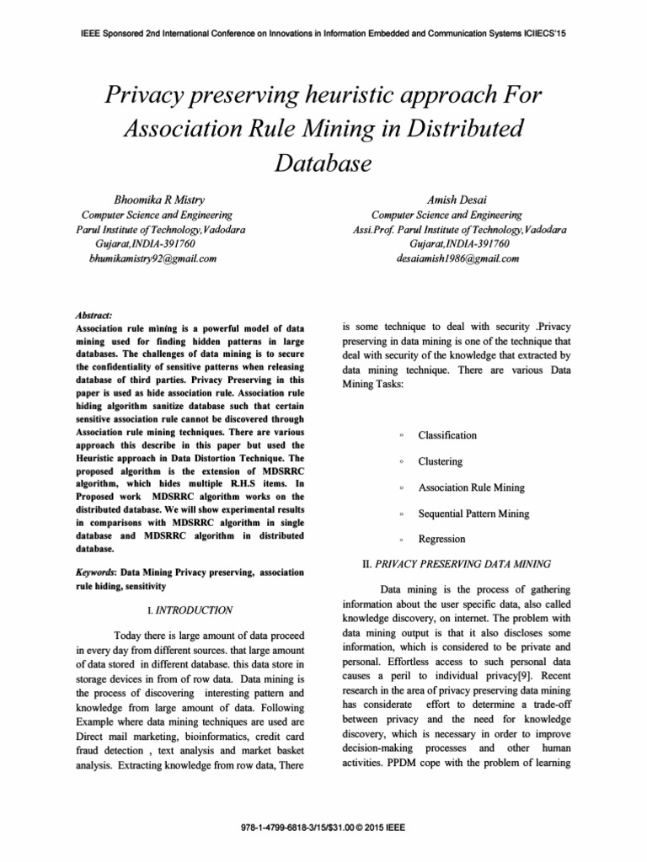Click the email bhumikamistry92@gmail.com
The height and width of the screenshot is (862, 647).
click(153, 258)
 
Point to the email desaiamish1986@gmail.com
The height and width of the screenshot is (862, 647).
click(458, 258)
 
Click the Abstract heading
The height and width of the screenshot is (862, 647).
click(94, 313)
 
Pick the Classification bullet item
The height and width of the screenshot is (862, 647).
click(447, 435)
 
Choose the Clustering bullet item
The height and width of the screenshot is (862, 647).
click(441, 461)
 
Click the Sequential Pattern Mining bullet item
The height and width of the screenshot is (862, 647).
click(474, 513)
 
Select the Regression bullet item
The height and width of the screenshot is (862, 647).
click(441, 539)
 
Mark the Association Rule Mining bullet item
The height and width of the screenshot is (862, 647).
click(472, 487)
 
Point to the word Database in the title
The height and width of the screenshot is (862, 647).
click(323, 162)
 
